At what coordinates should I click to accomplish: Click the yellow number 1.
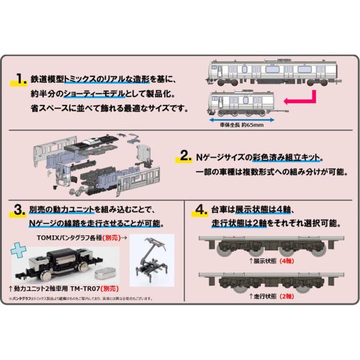point(22,79)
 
